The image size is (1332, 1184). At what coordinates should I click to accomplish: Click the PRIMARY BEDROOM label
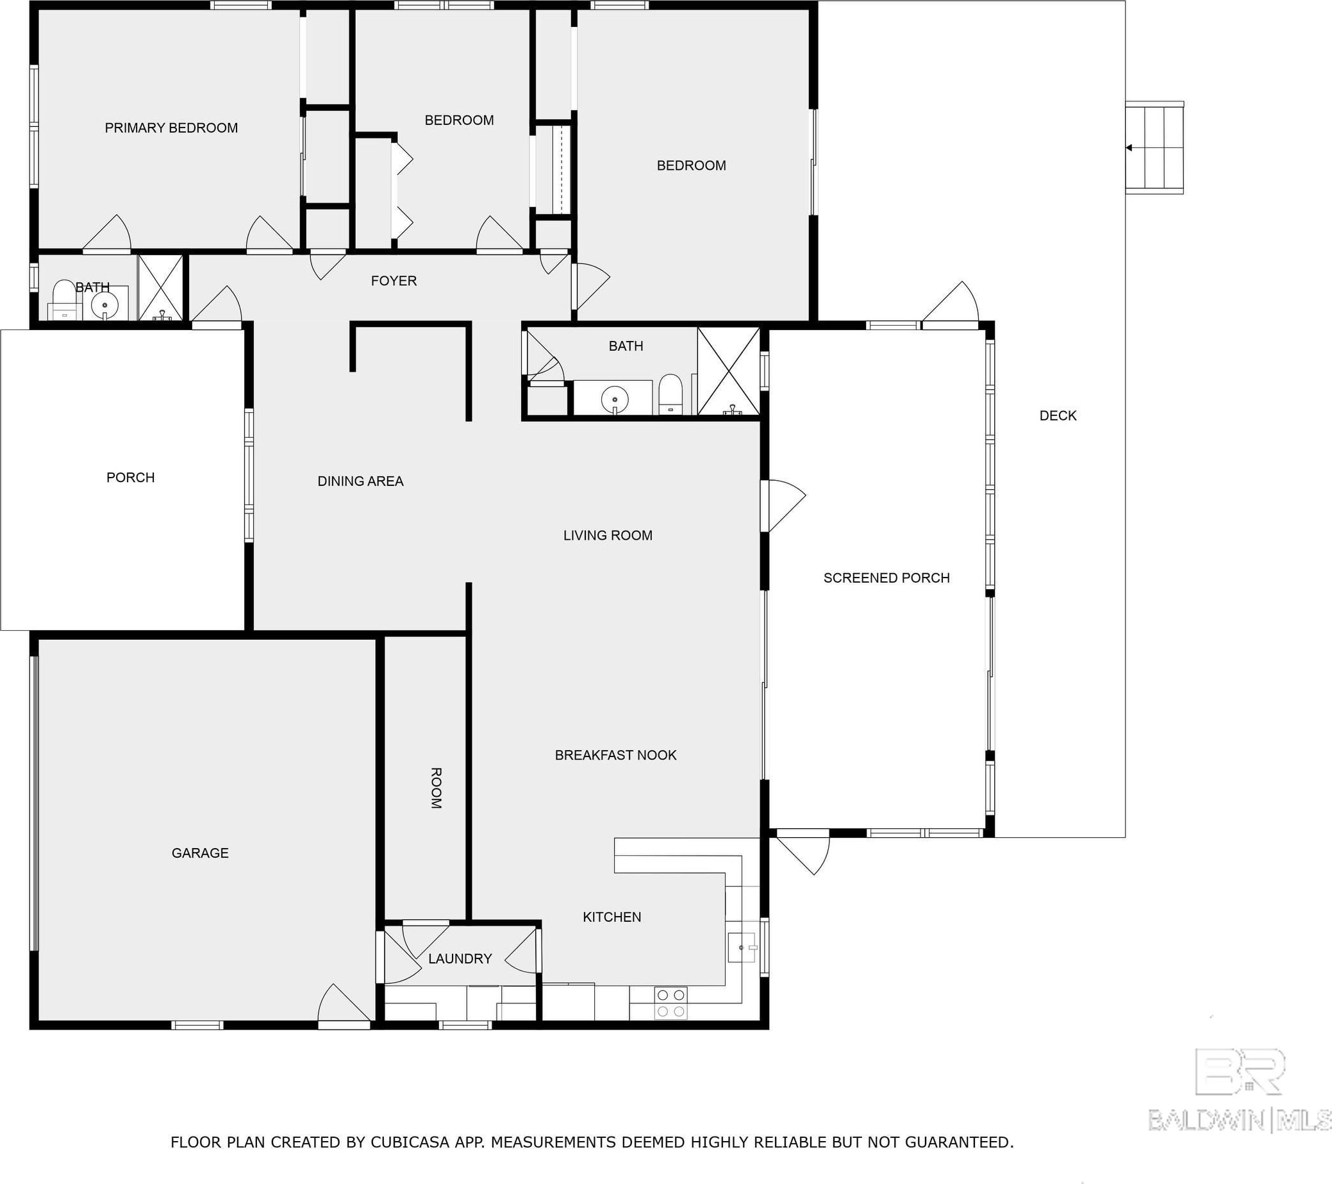click(171, 128)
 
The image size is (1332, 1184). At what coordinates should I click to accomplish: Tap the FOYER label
click(394, 281)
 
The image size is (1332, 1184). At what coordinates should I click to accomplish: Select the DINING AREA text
click(360, 481)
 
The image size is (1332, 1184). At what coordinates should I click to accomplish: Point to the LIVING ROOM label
click(608, 535)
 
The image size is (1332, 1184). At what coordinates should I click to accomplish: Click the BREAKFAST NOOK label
click(616, 755)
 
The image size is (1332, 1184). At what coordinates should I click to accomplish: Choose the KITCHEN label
click(612, 917)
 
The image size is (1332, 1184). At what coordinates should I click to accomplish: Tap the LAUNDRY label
click(460, 958)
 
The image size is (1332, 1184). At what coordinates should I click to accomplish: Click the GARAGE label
click(200, 853)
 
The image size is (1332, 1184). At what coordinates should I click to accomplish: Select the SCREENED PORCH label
click(887, 578)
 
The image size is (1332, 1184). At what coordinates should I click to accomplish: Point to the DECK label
click(1058, 415)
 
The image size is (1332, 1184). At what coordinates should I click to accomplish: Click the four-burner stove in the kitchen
click(670, 1003)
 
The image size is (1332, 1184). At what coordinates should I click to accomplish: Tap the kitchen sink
click(742, 947)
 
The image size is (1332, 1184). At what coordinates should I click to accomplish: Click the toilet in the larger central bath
click(670, 394)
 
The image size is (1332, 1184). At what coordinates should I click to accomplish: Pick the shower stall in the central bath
click(729, 371)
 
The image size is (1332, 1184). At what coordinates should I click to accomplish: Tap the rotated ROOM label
click(436, 788)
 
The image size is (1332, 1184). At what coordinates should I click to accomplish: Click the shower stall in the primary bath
click(160, 287)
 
